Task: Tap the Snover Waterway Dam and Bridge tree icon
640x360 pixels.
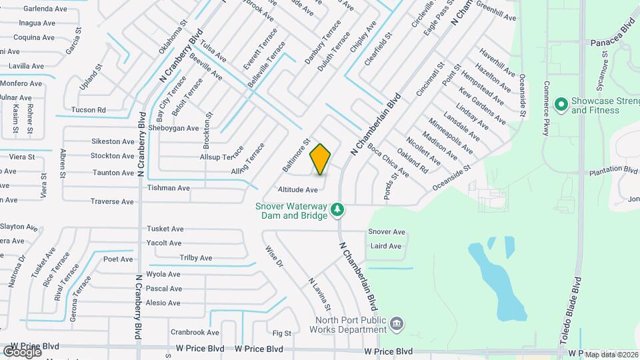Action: (x=338, y=210)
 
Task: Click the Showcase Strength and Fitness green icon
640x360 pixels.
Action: (x=561, y=104)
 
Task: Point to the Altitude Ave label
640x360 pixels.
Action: (x=298, y=190)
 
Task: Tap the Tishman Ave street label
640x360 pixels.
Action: (x=169, y=188)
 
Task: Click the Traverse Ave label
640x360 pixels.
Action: (x=112, y=201)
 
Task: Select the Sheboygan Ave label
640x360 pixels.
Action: (x=174, y=128)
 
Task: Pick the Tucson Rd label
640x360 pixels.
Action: (x=89, y=110)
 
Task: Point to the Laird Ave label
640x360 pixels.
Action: (x=386, y=246)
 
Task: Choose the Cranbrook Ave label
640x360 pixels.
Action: (x=195, y=332)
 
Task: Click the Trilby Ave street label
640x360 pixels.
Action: (x=195, y=258)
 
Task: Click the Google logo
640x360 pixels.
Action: (x=23, y=351)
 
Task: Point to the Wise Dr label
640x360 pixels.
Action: (x=274, y=257)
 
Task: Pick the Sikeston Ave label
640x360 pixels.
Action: (x=113, y=141)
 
